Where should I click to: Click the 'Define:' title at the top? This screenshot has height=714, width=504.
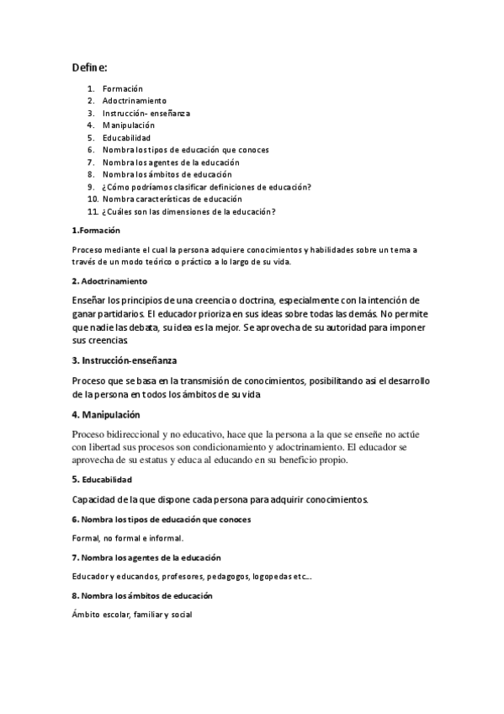coord(89,67)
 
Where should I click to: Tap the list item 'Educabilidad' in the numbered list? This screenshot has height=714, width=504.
coord(126,138)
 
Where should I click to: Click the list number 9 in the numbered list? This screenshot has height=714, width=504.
coord(90,187)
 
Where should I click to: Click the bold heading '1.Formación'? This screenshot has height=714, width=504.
coord(96,230)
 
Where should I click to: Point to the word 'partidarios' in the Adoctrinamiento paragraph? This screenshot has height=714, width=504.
coord(117,314)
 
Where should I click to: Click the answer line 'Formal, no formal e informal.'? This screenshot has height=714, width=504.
coord(128,537)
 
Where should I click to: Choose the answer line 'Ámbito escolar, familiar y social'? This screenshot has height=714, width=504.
coord(133,615)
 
